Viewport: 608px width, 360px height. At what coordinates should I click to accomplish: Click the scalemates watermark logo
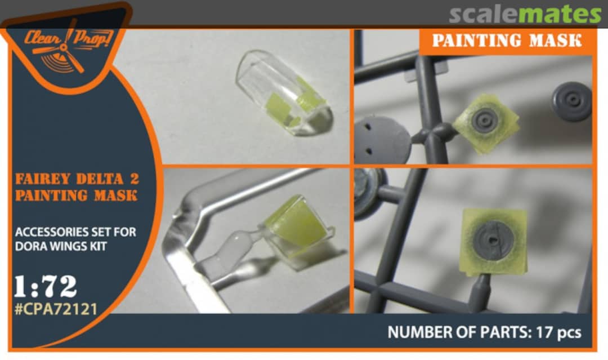[525, 14]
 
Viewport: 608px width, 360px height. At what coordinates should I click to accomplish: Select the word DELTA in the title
[100, 179]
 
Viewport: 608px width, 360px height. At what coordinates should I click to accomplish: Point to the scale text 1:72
[46, 287]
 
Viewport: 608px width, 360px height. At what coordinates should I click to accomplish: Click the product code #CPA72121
[56, 309]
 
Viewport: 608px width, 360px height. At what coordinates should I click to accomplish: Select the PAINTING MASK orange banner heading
[507, 41]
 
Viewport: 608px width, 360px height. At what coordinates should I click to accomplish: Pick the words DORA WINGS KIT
[61, 246]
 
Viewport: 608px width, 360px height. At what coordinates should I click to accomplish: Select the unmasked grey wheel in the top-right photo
[572, 101]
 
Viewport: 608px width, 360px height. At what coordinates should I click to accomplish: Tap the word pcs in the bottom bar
[567, 333]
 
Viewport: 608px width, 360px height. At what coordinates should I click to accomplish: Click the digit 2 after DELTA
[134, 179]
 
